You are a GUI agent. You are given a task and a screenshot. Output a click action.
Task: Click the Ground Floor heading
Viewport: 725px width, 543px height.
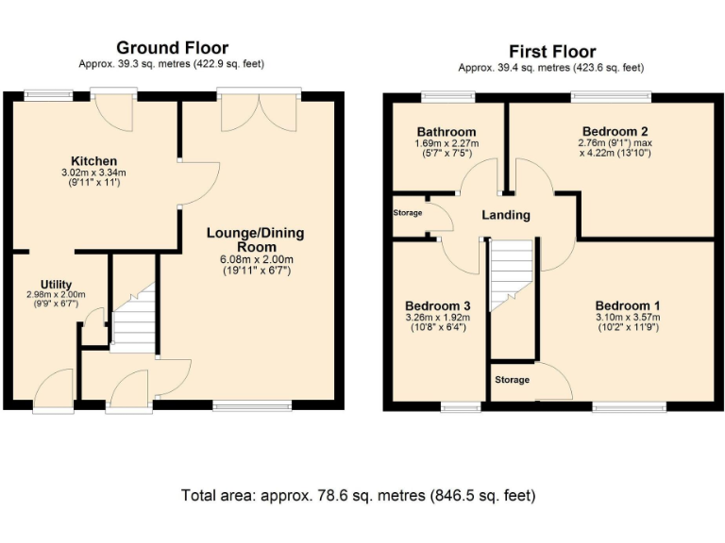(172, 48)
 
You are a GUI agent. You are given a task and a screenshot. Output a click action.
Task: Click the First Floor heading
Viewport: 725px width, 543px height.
(552, 51)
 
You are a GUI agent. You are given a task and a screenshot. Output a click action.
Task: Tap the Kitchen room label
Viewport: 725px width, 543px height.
(93, 161)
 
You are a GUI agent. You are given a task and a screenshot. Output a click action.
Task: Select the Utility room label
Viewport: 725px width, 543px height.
(56, 285)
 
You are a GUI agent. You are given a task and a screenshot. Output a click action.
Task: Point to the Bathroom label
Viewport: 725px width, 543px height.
(447, 132)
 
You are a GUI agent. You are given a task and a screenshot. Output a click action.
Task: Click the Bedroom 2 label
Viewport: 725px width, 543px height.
(615, 131)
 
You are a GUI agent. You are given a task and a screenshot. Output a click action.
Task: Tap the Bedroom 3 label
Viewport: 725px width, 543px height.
(438, 305)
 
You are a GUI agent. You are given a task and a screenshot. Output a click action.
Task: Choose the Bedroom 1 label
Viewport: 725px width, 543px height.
(628, 305)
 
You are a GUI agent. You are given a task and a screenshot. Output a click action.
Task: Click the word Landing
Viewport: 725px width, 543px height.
(506, 215)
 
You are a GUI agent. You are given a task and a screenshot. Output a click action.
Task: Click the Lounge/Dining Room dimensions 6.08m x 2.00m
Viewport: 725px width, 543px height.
(257, 259)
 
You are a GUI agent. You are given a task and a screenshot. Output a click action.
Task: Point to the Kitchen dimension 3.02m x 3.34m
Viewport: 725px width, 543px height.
(93, 173)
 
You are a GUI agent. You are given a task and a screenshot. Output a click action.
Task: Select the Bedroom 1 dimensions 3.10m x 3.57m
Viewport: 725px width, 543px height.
(628, 317)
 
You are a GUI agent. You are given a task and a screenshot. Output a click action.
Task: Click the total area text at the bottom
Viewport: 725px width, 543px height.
(359, 496)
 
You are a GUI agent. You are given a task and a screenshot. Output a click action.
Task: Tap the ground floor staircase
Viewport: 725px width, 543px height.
(134, 318)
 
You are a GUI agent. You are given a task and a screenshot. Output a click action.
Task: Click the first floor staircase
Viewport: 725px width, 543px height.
(511, 275)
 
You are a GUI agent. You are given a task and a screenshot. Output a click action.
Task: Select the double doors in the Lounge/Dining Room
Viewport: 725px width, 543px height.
(259, 113)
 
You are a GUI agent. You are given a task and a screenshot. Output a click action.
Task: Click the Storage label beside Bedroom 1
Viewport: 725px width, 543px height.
(512, 380)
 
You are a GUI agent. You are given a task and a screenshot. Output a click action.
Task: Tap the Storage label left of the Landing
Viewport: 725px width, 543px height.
(408, 213)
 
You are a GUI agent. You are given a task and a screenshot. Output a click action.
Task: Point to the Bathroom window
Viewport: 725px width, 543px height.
(448, 96)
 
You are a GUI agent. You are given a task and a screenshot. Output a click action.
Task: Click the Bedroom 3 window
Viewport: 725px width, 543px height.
(461, 406)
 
